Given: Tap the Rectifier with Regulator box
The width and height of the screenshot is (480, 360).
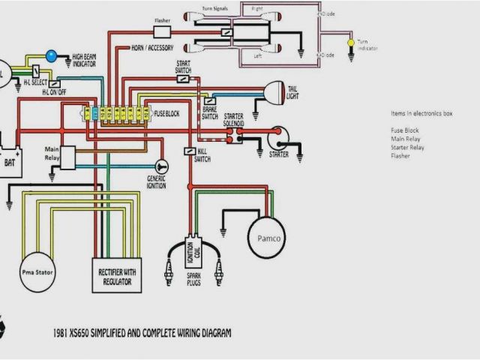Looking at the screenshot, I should (x=116, y=277).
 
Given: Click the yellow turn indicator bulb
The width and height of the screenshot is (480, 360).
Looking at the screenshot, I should (x=350, y=44).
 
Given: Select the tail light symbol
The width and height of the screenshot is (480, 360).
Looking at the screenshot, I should (x=271, y=94).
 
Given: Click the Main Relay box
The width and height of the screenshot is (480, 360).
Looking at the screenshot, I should (x=68, y=157).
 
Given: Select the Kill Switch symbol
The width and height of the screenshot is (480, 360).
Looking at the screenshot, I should (x=190, y=151).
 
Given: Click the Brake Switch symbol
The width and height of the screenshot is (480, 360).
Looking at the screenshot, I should (x=211, y=100).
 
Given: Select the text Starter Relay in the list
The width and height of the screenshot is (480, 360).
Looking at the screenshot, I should (x=406, y=148).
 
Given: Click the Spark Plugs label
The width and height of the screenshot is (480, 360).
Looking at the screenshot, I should (x=193, y=279).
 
